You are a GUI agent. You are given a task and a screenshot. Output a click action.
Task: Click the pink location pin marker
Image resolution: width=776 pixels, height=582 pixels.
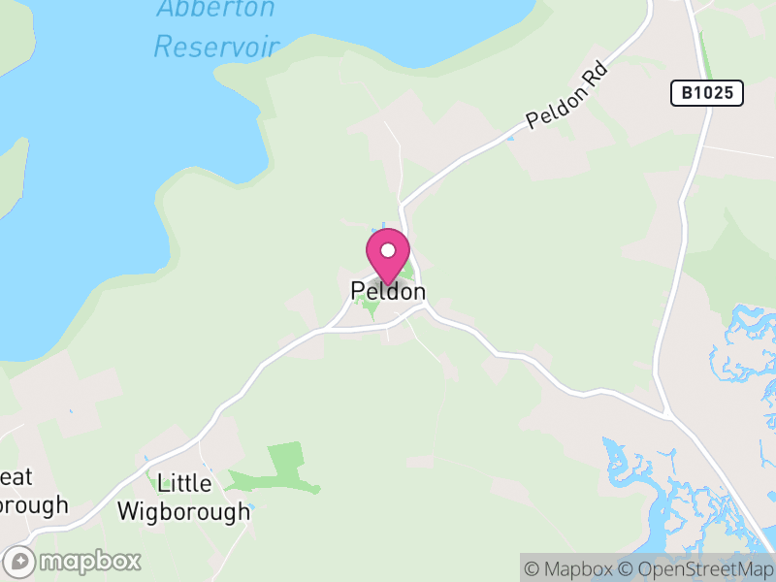click(x=388, y=255)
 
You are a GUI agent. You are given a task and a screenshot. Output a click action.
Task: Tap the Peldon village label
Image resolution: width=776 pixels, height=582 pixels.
click(x=388, y=291)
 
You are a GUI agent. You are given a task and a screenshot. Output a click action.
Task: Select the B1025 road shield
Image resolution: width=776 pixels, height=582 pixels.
click(x=707, y=93)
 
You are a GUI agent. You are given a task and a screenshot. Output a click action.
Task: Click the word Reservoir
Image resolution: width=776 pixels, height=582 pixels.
click(x=216, y=46)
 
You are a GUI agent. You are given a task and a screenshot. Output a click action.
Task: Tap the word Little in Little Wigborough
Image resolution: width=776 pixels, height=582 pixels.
click(x=184, y=482)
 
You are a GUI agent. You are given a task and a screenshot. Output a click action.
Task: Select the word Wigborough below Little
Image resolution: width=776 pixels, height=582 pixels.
click(x=183, y=511)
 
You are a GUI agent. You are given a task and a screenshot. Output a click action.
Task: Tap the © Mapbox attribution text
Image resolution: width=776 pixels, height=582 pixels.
click(x=570, y=568)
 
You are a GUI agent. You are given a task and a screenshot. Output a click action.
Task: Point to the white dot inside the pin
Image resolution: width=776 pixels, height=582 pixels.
click(x=388, y=250)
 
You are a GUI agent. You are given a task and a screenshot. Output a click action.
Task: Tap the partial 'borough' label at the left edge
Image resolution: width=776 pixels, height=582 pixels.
click(x=34, y=505)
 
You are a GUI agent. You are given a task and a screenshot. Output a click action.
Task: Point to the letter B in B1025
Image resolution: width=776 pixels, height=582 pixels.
click(x=686, y=93)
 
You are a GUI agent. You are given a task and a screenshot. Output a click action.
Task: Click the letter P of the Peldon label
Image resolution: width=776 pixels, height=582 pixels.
click(x=358, y=291)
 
